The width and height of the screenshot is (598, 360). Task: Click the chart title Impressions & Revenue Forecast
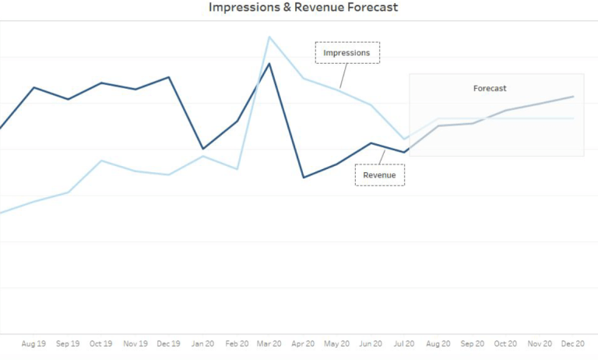303,8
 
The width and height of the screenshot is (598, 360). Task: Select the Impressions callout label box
347,52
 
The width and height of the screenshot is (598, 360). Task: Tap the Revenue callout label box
379,175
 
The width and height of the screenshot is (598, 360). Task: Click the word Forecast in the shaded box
490,88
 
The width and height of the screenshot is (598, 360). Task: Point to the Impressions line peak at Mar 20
269,37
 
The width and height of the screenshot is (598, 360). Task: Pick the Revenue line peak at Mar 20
269,63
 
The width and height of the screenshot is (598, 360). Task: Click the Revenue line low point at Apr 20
303,178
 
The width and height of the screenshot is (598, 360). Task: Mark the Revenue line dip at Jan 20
202,148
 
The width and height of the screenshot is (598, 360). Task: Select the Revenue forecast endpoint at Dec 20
573,97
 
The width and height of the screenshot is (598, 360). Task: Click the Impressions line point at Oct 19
101,161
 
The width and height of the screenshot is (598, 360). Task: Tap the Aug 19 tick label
34,344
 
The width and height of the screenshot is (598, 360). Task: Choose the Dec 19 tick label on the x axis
169,344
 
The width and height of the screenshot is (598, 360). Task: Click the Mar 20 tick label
269,344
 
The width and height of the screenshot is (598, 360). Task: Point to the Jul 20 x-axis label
404,344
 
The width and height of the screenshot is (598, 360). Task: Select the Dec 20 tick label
573,344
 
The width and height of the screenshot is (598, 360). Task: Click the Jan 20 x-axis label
202,344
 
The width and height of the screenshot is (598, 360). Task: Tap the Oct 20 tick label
505,344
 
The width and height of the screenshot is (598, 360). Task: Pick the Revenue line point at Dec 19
169,77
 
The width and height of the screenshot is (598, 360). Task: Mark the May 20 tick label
336,344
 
